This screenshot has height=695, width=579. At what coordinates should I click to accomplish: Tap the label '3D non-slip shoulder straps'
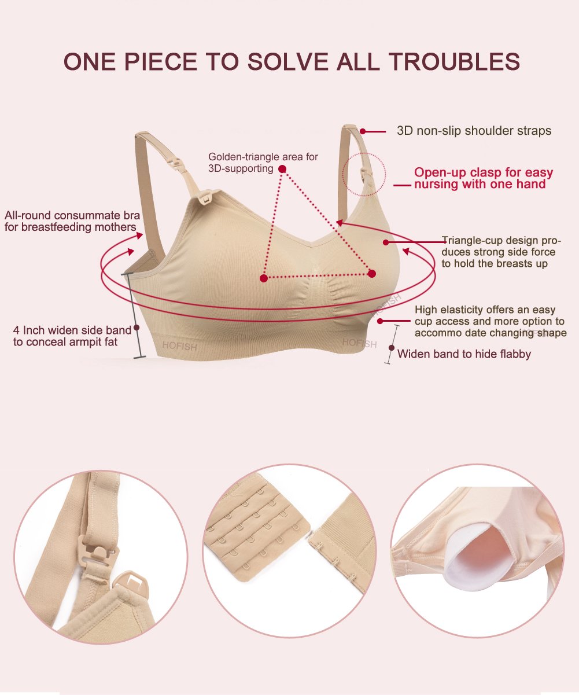pyautogui.click(x=474, y=131)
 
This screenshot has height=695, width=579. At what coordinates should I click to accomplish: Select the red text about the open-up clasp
pyautogui.click(x=483, y=178)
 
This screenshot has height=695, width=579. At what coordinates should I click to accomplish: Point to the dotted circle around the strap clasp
pyautogui.click(x=363, y=174)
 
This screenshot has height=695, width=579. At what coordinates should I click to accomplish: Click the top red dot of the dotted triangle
pyautogui.click(x=282, y=169)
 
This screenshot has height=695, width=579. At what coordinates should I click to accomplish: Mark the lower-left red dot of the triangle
pyautogui.click(x=264, y=278)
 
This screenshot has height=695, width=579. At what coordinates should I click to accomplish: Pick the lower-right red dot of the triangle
pyautogui.click(x=372, y=273)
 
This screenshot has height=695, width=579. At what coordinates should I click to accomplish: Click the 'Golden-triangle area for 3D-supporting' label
pyautogui.click(x=263, y=163)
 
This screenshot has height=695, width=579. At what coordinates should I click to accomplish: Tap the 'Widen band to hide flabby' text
pyautogui.click(x=464, y=354)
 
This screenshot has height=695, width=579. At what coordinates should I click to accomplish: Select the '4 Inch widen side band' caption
pyautogui.click(x=72, y=336)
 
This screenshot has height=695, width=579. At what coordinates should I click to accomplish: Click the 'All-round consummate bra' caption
pyautogui.click(x=72, y=221)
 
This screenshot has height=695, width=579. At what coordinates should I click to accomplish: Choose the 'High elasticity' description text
pyautogui.click(x=490, y=321)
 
